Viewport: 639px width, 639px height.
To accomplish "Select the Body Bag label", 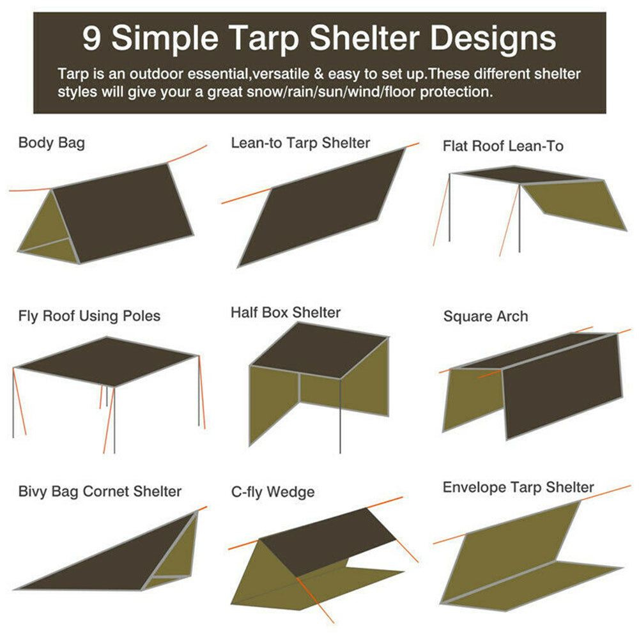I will coord(51,142).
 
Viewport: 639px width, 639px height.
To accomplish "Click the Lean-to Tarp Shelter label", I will coord(300,142).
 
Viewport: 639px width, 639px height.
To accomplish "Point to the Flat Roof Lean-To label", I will coord(503,146).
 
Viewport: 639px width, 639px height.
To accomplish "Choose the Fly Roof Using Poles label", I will coord(89,316).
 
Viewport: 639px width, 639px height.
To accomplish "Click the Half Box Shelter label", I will coord(286,312).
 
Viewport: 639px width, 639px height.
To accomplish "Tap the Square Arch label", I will coord(486,316).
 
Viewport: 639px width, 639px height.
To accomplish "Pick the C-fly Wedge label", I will coord(273,492).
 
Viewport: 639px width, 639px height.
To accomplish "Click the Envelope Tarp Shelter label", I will coord(518,487).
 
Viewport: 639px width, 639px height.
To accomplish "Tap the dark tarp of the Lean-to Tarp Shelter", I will coord(319,208).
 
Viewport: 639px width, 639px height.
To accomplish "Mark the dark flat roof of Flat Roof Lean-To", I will coord(521,174).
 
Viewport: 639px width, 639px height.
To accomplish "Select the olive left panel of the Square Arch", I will coord(473,399).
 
